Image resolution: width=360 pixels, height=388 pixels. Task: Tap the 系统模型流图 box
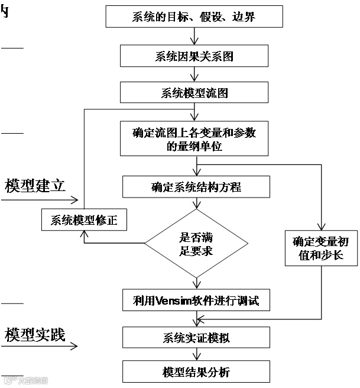[x=194, y=93]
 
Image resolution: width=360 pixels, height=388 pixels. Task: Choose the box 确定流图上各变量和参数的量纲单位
[x=194, y=140]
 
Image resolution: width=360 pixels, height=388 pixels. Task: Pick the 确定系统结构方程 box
[x=196, y=187]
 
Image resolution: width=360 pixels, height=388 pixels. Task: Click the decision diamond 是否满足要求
[x=196, y=243]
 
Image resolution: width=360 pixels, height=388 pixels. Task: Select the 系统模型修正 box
[x=84, y=221]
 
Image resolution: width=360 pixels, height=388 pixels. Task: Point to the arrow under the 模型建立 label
[x=38, y=199]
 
